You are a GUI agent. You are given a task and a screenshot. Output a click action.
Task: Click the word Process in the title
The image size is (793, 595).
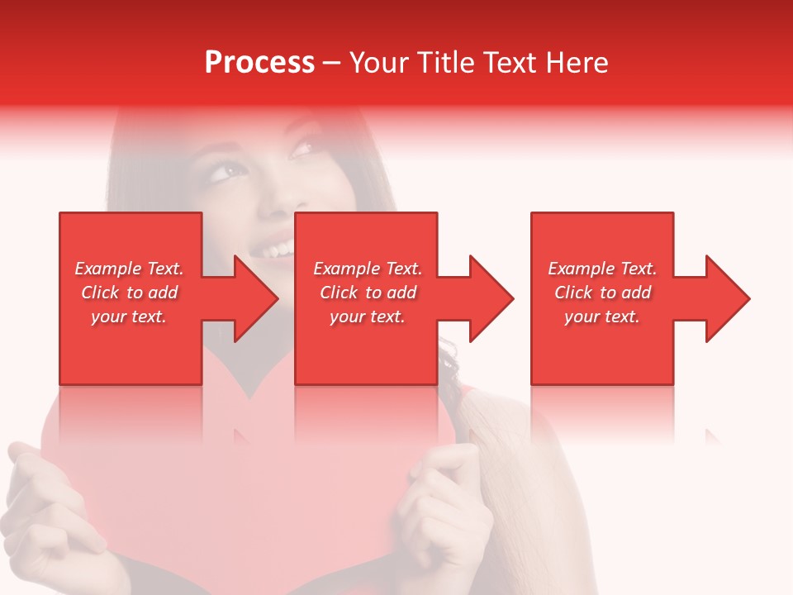tap(259, 63)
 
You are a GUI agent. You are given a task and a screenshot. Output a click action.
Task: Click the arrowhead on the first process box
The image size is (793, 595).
tap(256, 298)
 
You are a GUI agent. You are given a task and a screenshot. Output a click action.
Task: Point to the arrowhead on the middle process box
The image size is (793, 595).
tap(491, 298)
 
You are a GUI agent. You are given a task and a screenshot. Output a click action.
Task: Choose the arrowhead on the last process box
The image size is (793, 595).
tap(728, 298)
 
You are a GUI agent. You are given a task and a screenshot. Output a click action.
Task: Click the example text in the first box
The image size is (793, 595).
tap(129, 293)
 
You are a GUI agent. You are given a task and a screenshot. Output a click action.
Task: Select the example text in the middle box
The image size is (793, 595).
tap(368, 293)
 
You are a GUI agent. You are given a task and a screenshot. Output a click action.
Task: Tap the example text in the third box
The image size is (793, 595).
tap(602, 293)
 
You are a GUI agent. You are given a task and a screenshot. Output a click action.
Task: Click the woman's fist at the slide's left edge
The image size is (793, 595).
tap(50, 504)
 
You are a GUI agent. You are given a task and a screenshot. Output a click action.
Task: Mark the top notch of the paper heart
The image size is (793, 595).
tap(248, 397)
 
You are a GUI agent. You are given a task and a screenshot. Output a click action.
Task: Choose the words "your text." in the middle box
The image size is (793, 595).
tap(368, 317)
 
